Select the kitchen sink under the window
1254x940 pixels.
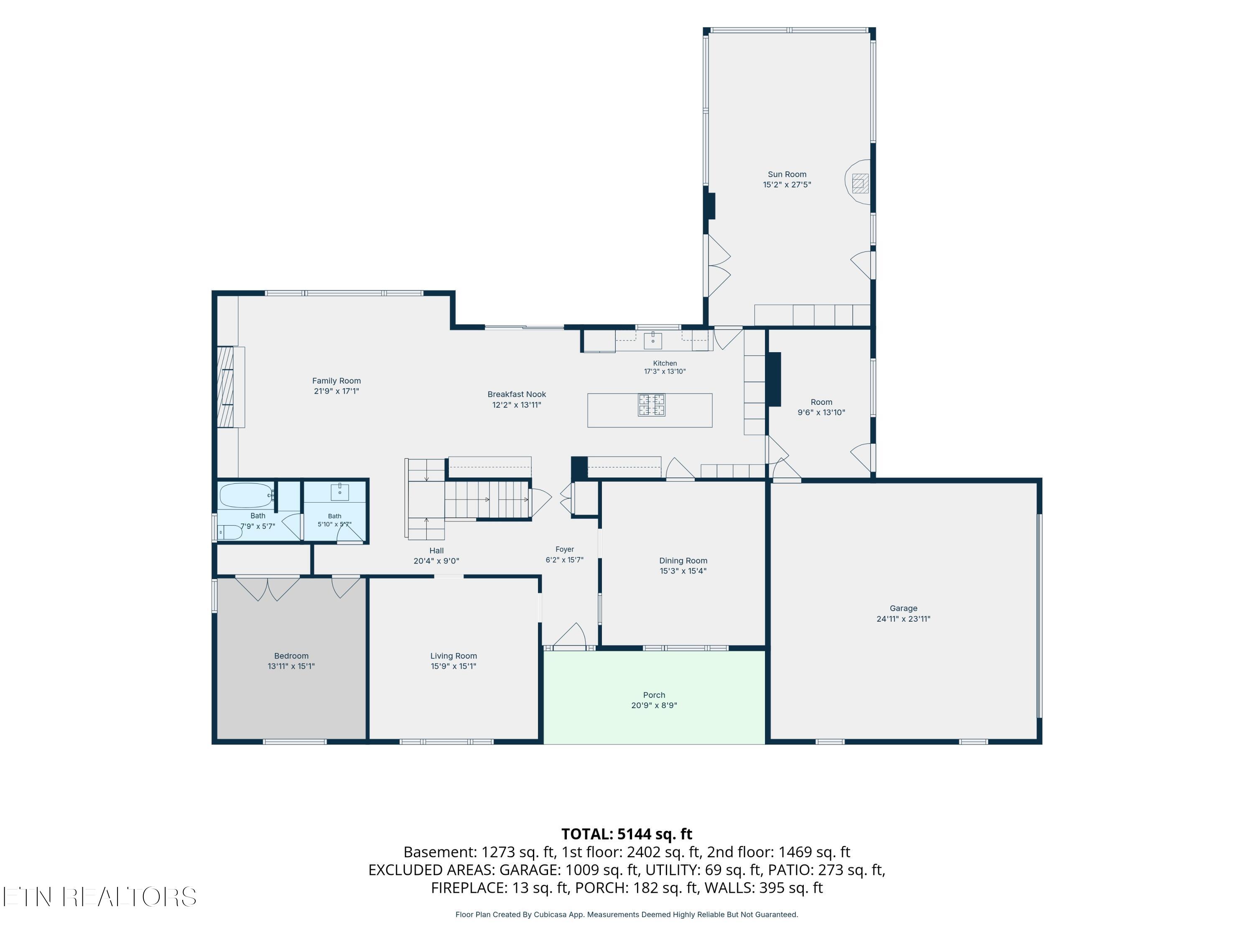point(652,340)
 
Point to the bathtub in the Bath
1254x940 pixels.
point(247,495)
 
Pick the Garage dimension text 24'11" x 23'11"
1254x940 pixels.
point(903,619)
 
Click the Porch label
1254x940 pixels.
point(654,695)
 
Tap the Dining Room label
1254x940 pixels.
point(683,560)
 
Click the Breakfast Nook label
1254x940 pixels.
point(517,394)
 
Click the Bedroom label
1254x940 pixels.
point(291,655)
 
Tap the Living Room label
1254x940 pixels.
point(454,655)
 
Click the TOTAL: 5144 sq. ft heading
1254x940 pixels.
point(627,834)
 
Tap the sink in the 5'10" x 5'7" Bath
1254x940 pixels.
point(339,492)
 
